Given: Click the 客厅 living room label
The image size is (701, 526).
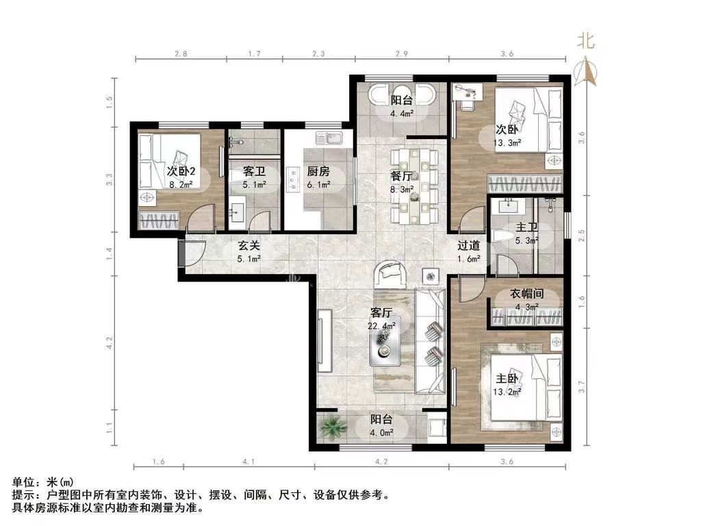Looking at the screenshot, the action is point(381,312).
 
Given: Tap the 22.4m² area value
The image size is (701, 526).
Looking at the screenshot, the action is point(381,325).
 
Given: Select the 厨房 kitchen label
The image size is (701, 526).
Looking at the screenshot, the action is point(318,171).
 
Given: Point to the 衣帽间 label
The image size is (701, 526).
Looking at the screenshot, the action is point(526,293).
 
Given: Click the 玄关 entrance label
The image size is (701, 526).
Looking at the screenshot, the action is point(248,245).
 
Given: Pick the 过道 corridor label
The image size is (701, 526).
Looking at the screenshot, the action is point(468,245).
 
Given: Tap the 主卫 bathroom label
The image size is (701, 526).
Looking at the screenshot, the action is point(526,227).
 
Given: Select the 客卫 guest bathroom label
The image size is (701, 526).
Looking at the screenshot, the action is point(255,171).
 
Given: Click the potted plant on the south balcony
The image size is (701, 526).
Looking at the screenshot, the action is point(333,427).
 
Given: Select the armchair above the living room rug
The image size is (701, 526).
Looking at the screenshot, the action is point(390,275).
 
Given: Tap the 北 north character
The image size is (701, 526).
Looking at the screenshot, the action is point(586,40).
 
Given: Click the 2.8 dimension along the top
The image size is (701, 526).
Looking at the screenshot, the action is point(181,53).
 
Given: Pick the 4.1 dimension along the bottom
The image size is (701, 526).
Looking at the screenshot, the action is point(248,461).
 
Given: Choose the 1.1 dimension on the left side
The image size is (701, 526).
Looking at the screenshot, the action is point(110,427).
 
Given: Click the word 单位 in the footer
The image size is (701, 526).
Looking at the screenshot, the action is point(23,483).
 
